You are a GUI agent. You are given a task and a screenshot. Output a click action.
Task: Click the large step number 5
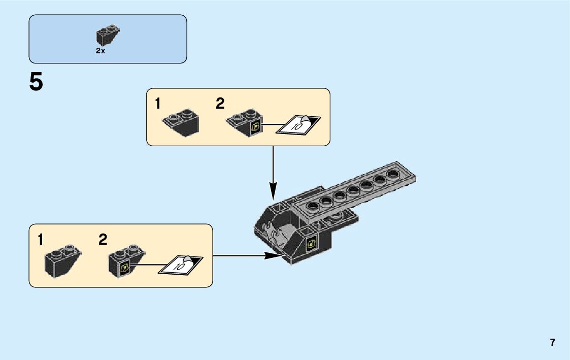pyautogui.click(x=36, y=82)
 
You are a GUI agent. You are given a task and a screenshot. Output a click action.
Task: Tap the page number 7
pyautogui.click(x=552, y=342)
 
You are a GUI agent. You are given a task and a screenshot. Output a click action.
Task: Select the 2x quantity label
pyautogui.click(x=100, y=51)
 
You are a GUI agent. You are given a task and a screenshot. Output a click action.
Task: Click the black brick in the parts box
pyautogui.click(x=107, y=35)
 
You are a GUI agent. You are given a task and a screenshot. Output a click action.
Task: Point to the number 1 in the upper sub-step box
pyautogui.click(x=158, y=104)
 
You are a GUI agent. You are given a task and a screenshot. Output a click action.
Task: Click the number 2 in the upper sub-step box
pyautogui.click(x=220, y=104)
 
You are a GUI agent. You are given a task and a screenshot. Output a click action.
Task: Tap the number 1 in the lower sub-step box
pyautogui.click(x=40, y=240)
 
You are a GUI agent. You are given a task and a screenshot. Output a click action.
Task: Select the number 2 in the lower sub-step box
pyautogui.click(x=103, y=240)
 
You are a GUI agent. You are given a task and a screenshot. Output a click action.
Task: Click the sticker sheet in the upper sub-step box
pyautogui.click(x=298, y=124)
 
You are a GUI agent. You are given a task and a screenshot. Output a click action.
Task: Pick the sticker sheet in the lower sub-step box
pyautogui.click(x=181, y=264)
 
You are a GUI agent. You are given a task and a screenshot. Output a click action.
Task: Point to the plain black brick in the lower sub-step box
pyautogui.click(x=61, y=260)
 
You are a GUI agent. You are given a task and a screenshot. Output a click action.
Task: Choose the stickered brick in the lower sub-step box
pyautogui.click(x=125, y=260)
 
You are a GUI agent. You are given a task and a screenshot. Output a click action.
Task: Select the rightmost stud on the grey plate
pyautogui.click(x=392, y=174)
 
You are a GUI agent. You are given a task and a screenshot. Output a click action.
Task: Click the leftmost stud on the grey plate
pyautogui.click(x=313, y=206)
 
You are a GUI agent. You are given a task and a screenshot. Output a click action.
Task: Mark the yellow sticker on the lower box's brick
pyautogui.click(x=125, y=267)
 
